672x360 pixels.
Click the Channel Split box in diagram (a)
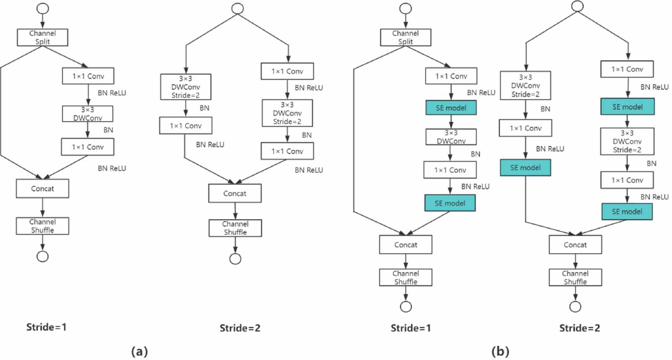point(42,37)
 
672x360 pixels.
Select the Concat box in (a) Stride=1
point(42,189)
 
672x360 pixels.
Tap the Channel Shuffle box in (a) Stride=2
point(235,228)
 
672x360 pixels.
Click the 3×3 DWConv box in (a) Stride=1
point(87,114)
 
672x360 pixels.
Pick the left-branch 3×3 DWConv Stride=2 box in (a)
point(186,87)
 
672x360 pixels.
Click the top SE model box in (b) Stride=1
point(451,108)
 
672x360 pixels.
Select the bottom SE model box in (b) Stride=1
point(450,203)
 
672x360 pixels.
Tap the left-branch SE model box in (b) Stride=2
point(525,168)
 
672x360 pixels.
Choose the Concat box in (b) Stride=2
point(575,245)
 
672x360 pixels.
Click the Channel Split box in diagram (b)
point(405,37)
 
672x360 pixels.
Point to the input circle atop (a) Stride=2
point(238,9)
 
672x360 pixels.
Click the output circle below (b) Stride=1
point(406,307)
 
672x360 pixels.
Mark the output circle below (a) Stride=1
point(42,256)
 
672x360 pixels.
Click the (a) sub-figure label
point(139,351)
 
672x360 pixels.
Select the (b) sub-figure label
point(500,351)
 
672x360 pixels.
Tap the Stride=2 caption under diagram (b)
point(579,328)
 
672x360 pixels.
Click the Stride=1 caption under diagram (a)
point(46,327)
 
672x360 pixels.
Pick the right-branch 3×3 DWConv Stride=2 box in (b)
point(627,142)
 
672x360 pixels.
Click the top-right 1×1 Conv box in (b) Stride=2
point(627,69)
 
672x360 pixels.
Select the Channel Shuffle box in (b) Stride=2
point(575,278)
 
